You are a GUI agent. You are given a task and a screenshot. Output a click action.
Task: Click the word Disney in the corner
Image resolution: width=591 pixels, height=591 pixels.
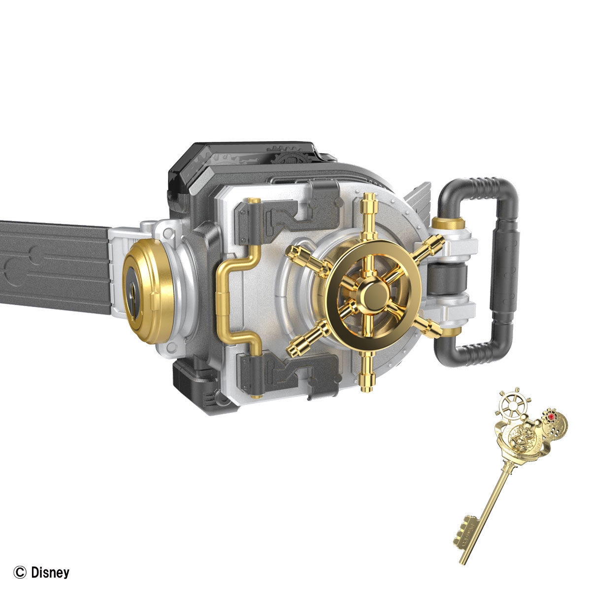click(x=50, y=572)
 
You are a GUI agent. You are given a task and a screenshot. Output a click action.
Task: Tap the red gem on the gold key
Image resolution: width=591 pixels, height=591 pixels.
click(x=552, y=417)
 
